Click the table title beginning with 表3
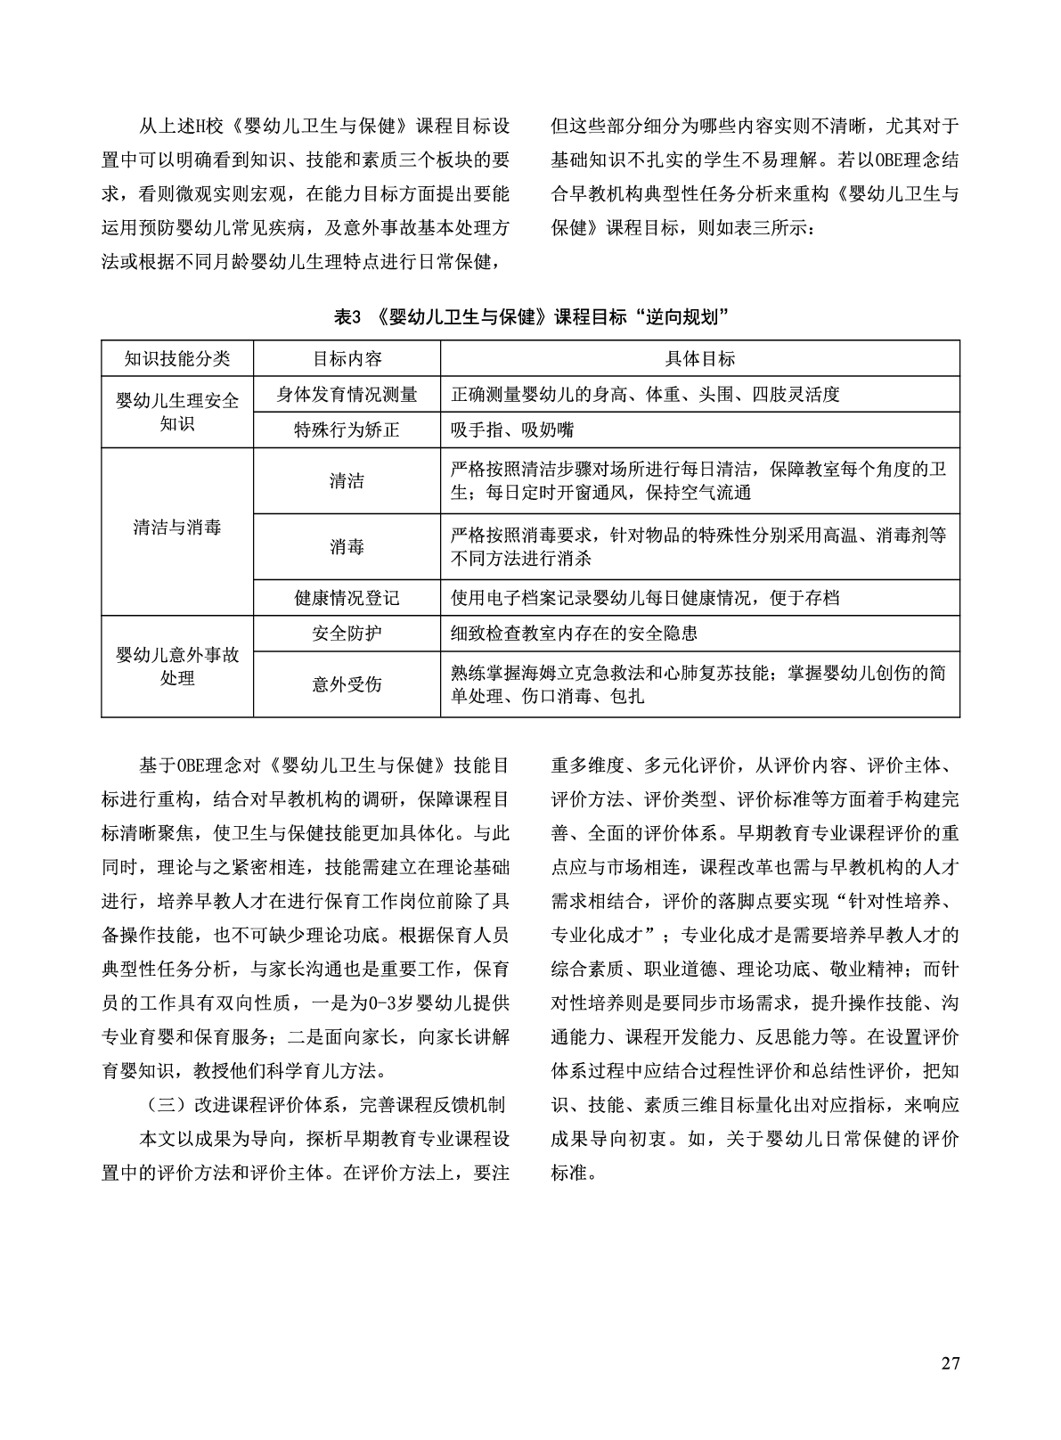tap(531, 316)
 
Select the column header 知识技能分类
tap(177, 358)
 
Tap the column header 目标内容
tap(347, 358)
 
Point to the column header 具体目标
tap(699, 358)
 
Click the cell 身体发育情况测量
tap(347, 394)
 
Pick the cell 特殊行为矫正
tap(347, 430)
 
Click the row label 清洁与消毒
tap(177, 527)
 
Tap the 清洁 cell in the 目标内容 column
tap(347, 481)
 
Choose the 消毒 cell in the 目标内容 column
tap(347, 546)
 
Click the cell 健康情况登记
tap(347, 598)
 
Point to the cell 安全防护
tap(347, 634)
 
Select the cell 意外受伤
tap(347, 683)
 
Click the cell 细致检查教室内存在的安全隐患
tap(575, 634)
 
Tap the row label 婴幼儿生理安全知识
tap(177, 412)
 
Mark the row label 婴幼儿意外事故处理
tap(177, 667)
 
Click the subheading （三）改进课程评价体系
tap(324, 1106)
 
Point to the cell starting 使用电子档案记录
tap(645, 598)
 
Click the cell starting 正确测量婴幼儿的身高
tap(645, 394)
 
